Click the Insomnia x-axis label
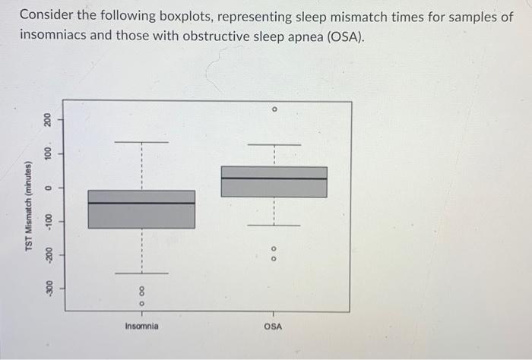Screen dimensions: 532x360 141,326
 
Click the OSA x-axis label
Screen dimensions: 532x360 274,326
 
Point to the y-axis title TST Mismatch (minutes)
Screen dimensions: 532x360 29,207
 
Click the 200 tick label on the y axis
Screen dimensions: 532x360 47,120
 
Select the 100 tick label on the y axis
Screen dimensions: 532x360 47,154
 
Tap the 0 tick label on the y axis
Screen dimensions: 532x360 47,188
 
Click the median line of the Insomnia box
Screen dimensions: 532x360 141,204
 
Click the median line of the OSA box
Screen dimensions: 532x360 274,178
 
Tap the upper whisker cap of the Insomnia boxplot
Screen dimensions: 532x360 141,142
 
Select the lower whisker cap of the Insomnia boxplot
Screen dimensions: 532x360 141,273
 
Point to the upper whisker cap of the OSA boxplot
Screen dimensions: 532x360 274,144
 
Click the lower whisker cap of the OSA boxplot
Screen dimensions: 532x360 274,226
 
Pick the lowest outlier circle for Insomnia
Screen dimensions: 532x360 141,304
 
